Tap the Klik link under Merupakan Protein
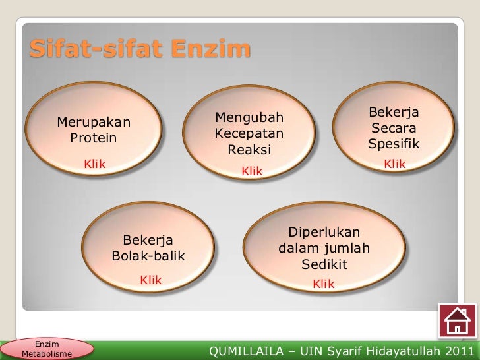pos(94,164)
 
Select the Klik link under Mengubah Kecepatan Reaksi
pos(252,171)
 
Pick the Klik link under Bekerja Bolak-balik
pos(150,280)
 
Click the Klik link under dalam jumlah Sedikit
pos(323,284)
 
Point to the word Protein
pos(94,138)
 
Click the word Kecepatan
pos(249,134)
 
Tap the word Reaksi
pos(249,150)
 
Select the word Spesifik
pos(394,144)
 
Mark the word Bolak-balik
pos(149,256)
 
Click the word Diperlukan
pos(324,233)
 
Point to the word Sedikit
pos(324,265)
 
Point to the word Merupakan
pos(94,123)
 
